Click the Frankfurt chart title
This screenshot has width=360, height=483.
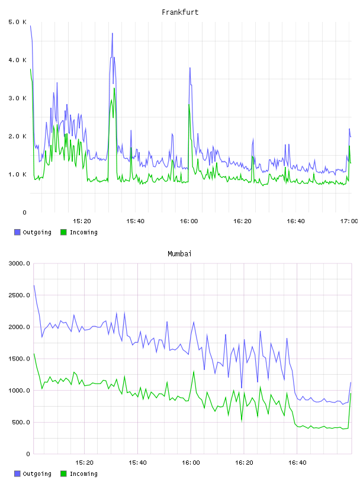(x=180, y=12)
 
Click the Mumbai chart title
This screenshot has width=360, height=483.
(x=179, y=254)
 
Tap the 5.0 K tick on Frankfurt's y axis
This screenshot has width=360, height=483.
(x=18, y=22)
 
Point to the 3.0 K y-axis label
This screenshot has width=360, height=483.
(x=18, y=98)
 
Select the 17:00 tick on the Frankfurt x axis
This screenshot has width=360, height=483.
(x=349, y=221)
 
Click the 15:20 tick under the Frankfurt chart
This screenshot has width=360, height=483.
(x=82, y=221)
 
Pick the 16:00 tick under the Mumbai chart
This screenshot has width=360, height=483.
(x=191, y=463)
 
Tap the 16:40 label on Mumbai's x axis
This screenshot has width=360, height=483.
(x=297, y=463)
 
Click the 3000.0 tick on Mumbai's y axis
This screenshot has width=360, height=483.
(x=20, y=263)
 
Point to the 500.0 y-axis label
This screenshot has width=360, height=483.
(x=21, y=422)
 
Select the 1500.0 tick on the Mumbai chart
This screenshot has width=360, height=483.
(x=20, y=359)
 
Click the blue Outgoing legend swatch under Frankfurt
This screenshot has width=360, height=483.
(x=17, y=232)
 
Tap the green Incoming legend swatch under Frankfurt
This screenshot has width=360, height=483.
(x=63, y=232)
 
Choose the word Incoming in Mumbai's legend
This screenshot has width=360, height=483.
(x=83, y=474)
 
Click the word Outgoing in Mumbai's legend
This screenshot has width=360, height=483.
(x=37, y=474)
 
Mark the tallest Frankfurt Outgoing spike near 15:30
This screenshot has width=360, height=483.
(x=112, y=33)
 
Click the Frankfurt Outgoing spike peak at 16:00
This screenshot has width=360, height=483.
(x=190, y=68)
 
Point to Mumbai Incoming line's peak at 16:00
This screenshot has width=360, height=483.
(x=194, y=372)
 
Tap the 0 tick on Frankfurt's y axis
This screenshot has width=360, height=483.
(x=25, y=212)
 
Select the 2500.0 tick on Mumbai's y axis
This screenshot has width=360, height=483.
(x=20, y=295)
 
